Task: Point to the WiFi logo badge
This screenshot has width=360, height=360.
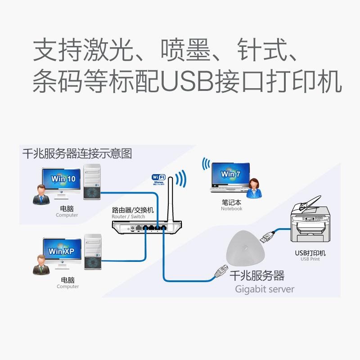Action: (x=158, y=179)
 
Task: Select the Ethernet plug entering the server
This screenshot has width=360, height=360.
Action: (x=221, y=269)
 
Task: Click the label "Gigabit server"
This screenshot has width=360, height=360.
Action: (x=265, y=289)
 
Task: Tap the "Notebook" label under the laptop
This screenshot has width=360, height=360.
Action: (x=231, y=209)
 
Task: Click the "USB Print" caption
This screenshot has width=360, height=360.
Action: (x=310, y=259)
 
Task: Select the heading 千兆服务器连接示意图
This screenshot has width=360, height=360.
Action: (x=77, y=154)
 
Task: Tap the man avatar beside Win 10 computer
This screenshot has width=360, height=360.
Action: (x=41, y=193)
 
